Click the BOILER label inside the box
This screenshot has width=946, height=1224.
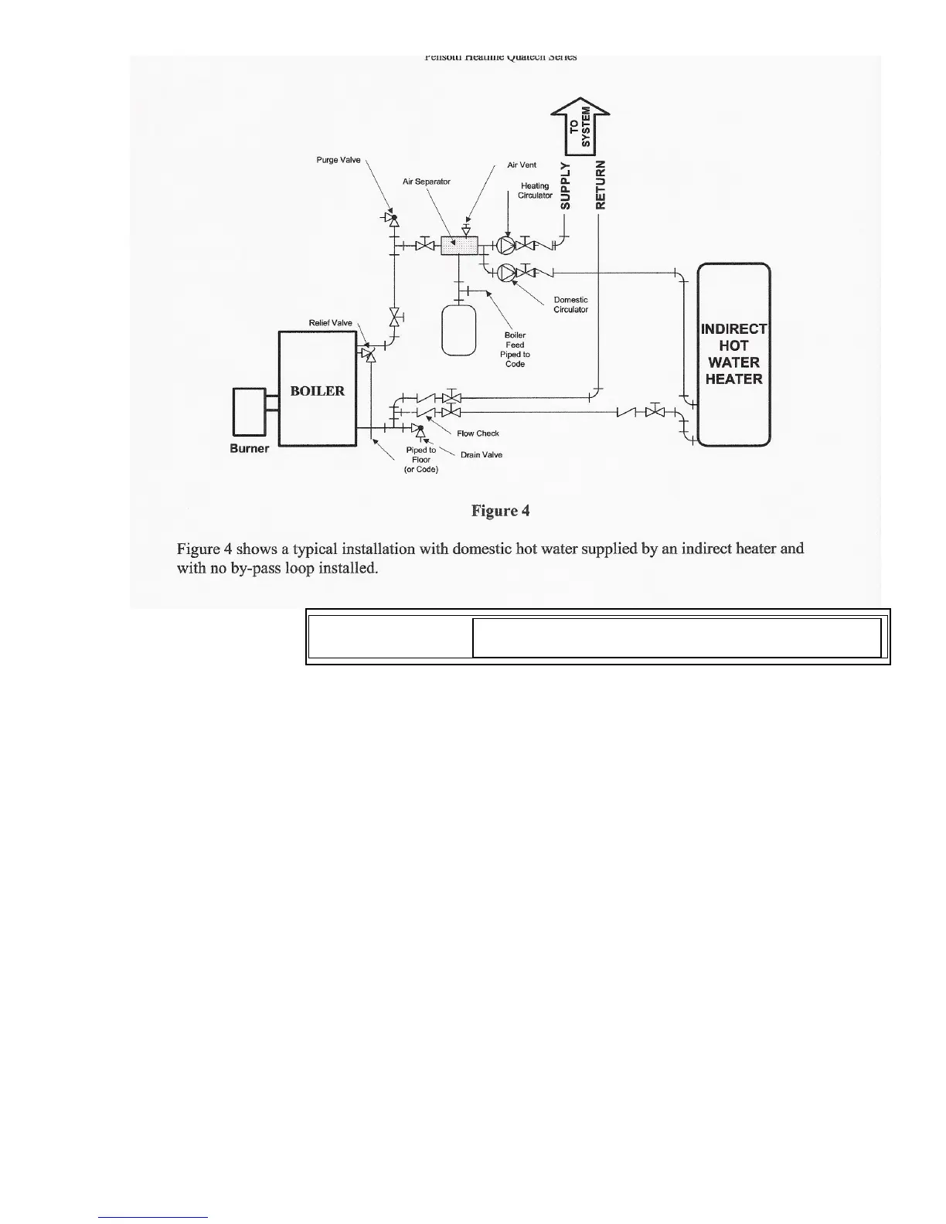point(317,391)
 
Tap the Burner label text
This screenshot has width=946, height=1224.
point(250,449)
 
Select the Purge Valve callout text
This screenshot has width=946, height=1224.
point(339,160)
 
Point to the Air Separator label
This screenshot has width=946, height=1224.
point(426,182)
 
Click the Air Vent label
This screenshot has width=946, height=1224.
point(522,165)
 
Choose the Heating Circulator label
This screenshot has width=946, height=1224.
point(535,191)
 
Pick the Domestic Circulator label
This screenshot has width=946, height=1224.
point(570,304)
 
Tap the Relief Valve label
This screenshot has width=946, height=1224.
point(330,323)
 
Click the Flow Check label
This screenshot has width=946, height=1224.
point(478,433)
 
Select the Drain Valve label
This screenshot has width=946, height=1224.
point(481,454)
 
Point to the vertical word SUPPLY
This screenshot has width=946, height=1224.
point(566,185)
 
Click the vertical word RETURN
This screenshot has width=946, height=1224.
point(602,185)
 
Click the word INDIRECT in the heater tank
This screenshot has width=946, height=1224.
point(733,329)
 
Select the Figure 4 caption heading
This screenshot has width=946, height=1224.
point(500,511)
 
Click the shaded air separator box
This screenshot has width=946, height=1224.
point(459,245)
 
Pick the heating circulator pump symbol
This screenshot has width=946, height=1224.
point(505,246)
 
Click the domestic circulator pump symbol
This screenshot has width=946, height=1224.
point(506,272)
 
